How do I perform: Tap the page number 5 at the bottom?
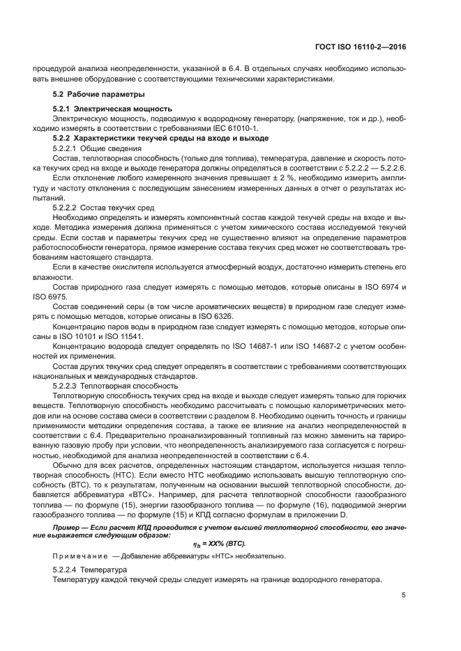pyautogui.click(x=404, y=595)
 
